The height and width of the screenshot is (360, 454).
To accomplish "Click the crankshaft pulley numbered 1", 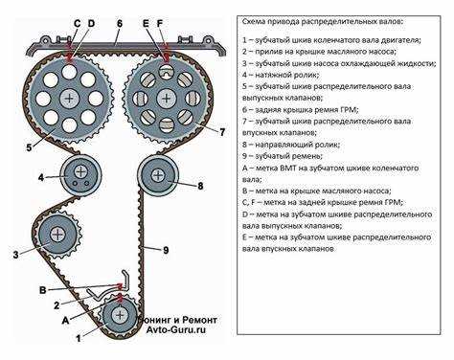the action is pos(120,315).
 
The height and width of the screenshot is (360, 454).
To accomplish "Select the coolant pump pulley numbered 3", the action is pos(58,235).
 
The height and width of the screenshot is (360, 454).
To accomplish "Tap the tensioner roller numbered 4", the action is pos(80,174).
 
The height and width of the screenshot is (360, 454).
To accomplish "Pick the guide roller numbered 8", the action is pos(158,175).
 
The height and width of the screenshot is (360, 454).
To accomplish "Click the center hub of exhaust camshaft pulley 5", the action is pos(69,98).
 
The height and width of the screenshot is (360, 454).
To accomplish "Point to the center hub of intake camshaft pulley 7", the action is pos(166,98).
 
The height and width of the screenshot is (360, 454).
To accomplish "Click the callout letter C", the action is pos(77,24).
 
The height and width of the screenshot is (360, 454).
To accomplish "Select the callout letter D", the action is pos(91,24).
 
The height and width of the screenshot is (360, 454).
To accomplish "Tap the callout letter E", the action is pos(146,24).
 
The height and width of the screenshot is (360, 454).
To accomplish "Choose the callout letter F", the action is pos(160,24).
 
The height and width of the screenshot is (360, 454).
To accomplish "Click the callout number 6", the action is pos(120,24).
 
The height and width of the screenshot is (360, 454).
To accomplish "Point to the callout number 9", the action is pos(166,250).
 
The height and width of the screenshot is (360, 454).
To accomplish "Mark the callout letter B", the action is pos(42,290).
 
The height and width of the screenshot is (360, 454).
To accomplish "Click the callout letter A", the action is pos(65,320).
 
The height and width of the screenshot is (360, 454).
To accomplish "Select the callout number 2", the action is pos(57,305).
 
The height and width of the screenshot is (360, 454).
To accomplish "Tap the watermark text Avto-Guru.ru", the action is pos(176,329).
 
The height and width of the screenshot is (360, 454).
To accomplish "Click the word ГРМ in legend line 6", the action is pos(351,109).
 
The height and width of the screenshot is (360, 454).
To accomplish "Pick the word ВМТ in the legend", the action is pos(288,168).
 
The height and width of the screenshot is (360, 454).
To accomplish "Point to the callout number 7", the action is pos(222,132).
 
